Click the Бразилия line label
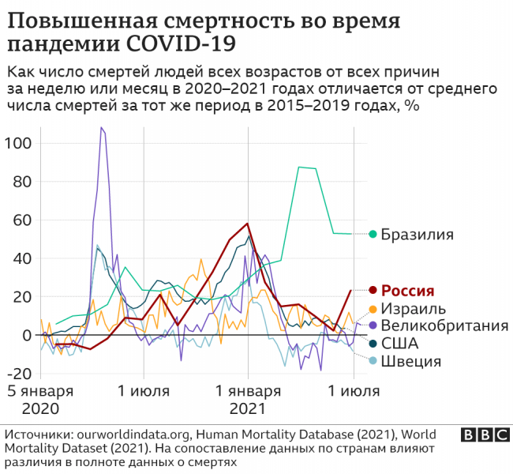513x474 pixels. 417,234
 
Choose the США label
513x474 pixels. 399,344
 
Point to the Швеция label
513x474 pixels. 410,362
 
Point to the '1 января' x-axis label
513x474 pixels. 249,392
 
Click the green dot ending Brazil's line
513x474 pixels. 373,234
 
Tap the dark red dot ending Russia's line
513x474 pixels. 372,290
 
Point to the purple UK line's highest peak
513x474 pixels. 102,127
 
